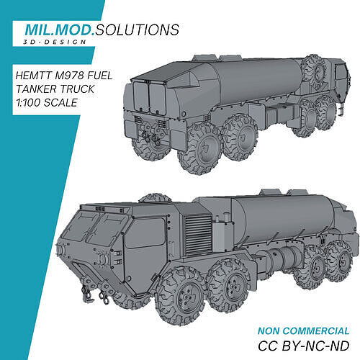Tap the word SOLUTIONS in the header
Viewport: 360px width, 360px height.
[x=138, y=30]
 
